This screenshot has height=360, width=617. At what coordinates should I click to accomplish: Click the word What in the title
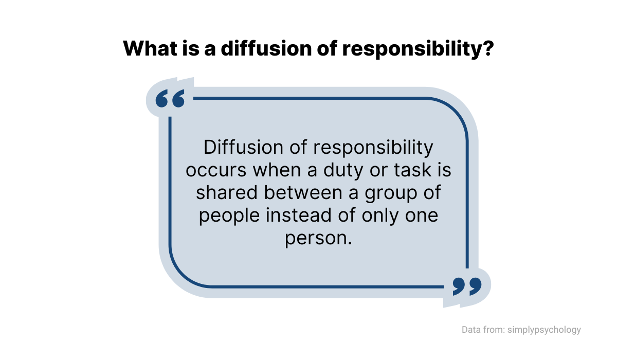coord(150,48)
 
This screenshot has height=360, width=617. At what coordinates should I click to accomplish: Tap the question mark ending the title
coord(488,48)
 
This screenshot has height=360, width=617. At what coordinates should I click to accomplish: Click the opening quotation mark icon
coord(170,98)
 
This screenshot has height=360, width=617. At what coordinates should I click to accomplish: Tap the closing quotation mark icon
coord(467,286)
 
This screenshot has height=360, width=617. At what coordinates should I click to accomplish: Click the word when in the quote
coord(277,170)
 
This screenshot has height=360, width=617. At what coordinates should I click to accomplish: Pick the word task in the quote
coord(412,170)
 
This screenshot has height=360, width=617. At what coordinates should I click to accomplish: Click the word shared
coord(227,192)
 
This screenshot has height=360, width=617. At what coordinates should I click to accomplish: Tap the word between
coord(303,192)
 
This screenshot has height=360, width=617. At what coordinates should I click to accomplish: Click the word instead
coord(299,215)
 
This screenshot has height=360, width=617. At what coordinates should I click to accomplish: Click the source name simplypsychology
coord(544,330)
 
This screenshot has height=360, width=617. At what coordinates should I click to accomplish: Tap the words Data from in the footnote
coord(483,330)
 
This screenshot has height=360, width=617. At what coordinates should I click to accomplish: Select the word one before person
coord(422,216)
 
